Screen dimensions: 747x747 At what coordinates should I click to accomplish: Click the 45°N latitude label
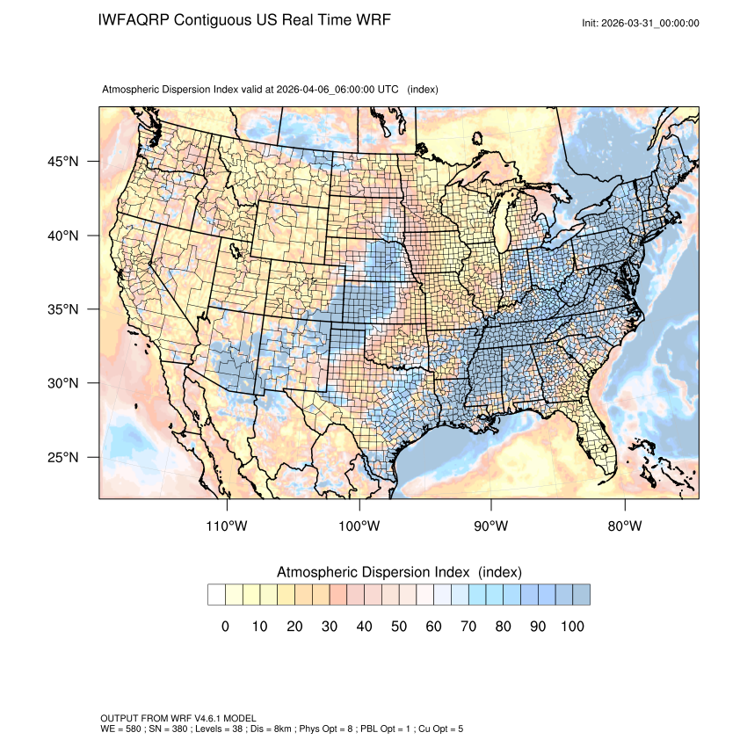[62, 162]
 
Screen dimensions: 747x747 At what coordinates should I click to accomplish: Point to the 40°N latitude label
[62, 236]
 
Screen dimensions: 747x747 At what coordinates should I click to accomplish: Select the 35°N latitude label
[62, 309]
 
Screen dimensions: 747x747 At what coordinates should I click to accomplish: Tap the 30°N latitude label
[62, 383]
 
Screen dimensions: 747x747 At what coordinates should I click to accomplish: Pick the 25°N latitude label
[62, 457]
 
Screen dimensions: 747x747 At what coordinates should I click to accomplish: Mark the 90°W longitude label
[491, 526]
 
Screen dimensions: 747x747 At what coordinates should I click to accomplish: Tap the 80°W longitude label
[624, 526]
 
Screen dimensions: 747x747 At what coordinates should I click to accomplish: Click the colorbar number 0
[225, 627]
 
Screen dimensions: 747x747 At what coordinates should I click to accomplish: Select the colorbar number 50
[399, 627]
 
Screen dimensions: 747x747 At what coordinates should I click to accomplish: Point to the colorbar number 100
[572, 627]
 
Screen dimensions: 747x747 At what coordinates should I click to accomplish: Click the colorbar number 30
[330, 627]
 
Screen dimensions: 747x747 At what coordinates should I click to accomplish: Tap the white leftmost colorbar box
[216, 595]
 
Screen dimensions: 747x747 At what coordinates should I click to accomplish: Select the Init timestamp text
[641, 23]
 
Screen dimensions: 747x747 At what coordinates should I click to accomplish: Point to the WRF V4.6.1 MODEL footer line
[178, 719]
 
